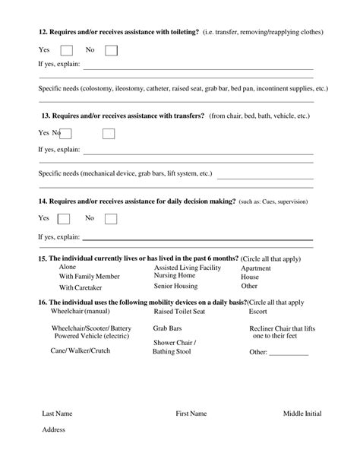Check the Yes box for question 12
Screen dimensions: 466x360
pos(66,50)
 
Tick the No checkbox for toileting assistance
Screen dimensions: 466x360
pos(111,50)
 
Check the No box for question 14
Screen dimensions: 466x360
pos(111,219)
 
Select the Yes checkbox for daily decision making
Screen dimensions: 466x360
pos(64,219)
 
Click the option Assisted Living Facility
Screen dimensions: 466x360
pos(188,268)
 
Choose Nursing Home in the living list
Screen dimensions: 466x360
pos(175,275)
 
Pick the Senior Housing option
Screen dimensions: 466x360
pos(175,287)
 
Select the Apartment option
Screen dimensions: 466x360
pos(256,268)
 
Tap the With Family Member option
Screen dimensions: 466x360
pos(90,277)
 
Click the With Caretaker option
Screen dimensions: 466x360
pos(80,288)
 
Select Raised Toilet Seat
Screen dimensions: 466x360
pos(179,312)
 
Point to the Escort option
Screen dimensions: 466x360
pos(258,312)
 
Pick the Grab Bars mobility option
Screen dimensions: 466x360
pos(166,328)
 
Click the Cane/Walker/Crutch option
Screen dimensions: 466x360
pos(80,351)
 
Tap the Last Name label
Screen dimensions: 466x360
pos(57,414)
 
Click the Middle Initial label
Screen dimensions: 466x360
pos(302,414)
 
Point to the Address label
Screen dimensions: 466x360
pos(54,430)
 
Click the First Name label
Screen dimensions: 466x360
pos(191,414)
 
